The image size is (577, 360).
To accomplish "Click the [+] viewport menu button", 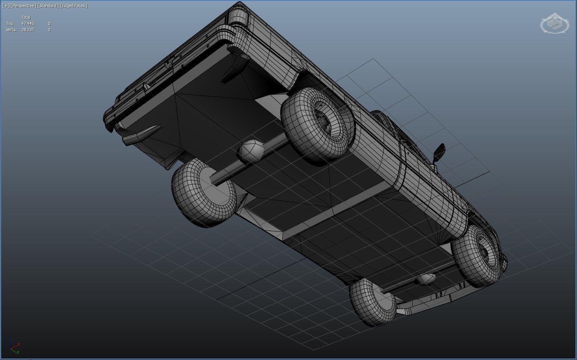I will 6,6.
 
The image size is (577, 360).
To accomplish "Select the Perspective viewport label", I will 24,6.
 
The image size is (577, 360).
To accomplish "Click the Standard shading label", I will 48,6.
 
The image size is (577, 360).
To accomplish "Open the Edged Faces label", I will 74,6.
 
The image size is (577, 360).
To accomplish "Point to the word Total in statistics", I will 26,17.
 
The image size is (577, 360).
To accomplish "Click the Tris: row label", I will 9,24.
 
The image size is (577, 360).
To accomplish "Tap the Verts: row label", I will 11,30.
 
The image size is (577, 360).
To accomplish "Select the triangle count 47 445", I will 28,24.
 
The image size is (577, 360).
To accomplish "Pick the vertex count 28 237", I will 28,30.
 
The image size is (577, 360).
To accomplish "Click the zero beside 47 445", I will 49,24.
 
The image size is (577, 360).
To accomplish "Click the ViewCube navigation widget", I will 554,24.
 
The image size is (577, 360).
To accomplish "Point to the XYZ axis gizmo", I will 14,346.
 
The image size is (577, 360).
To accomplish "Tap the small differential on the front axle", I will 425,279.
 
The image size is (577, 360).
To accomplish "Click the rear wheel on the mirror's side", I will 317,125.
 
